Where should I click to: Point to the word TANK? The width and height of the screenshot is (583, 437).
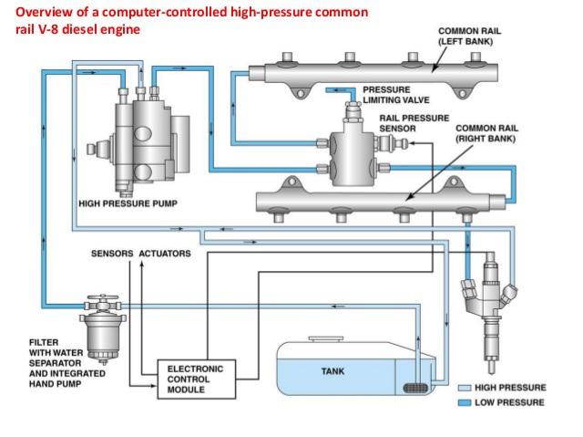tap(332, 371)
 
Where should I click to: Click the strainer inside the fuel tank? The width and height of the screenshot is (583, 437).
tap(415, 390)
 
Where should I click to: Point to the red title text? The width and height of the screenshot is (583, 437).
tap(173, 19)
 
